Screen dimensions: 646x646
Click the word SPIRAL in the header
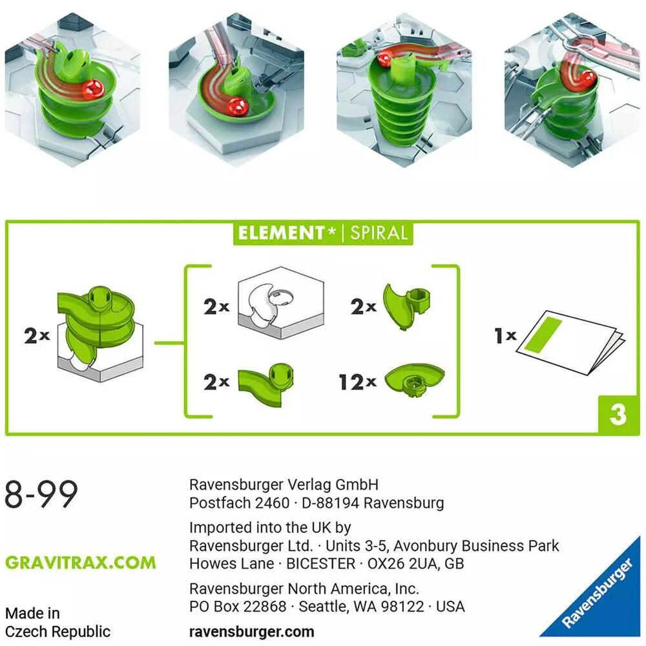pyautogui.click(x=379, y=233)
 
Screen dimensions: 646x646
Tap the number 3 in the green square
pyautogui.click(x=618, y=415)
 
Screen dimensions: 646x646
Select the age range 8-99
pyautogui.click(x=41, y=495)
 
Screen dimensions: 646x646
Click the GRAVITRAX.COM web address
pyautogui.click(x=81, y=563)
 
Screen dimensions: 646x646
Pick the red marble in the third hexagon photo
pyautogui.click(x=385, y=59)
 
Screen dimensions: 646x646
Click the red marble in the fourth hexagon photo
pyautogui.click(x=587, y=80)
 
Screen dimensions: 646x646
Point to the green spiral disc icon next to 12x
pyautogui.click(x=414, y=381)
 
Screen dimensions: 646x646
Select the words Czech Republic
pyautogui.click(x=58, y=632)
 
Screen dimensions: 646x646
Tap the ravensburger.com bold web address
pyautogui.click(x=252, y=632)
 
